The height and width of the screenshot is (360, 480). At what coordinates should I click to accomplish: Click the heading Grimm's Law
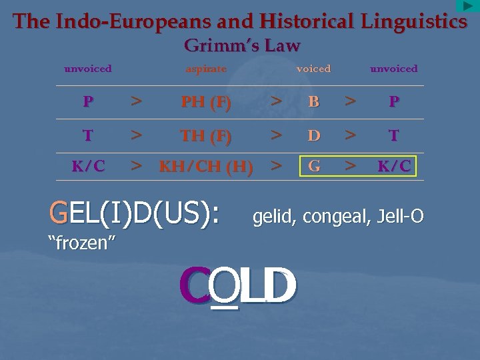[241, 46]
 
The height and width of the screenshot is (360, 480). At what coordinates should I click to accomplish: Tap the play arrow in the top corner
[468, 6]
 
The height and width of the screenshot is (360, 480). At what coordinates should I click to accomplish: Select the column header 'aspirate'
[206, 69]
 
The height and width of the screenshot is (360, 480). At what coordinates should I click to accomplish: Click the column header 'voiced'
[313, 69]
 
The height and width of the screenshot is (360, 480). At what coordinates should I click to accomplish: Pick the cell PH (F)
[206, 103]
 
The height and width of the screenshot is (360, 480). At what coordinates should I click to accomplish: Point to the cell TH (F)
[206, 136]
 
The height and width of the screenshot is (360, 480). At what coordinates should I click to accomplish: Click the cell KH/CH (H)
[206, 167]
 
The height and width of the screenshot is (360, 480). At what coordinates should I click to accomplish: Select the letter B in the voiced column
[314, 103]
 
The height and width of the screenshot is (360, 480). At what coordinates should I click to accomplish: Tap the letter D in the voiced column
[314, 136]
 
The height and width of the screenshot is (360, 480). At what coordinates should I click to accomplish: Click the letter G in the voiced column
[314, 165]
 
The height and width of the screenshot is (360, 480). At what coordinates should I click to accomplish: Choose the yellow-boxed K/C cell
[394, 165]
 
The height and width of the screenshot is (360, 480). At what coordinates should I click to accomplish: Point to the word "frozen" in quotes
[79, 242]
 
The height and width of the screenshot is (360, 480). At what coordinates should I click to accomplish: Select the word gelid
[274, 216]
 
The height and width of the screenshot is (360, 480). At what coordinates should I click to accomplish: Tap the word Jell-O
[400, 216]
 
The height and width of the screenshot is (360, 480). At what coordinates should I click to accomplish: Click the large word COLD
[237, 285]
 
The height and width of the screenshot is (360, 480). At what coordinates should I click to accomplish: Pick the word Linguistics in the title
[414, 21]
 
